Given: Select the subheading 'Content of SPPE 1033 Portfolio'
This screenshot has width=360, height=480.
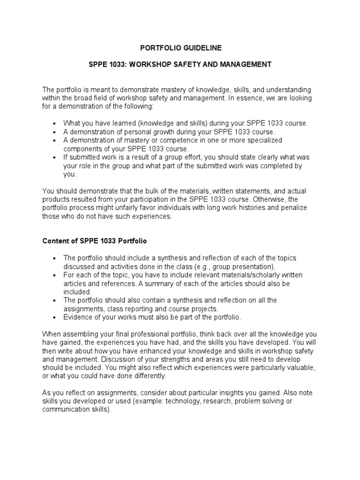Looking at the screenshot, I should [95, 241].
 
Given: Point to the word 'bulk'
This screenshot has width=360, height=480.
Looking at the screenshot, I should [145, 191].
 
